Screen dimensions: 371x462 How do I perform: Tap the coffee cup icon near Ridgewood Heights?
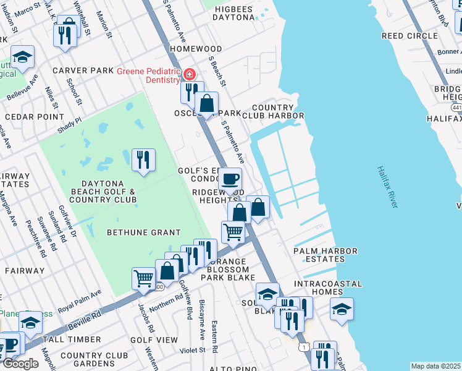point(230,179)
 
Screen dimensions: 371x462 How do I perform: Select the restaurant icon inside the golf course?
point(143,160)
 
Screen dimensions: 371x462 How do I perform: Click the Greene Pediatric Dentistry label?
point(148,75)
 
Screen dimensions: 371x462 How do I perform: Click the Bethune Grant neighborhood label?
point(143,232)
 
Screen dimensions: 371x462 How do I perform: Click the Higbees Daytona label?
point(233,12)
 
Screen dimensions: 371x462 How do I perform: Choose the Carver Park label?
point(83,70)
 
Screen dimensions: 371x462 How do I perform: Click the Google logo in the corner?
point(20,364)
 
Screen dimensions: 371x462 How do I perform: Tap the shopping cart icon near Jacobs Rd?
point(143,279)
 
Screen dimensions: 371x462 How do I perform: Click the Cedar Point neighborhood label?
point(27,116)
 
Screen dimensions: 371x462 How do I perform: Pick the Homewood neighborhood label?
point(196,49)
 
